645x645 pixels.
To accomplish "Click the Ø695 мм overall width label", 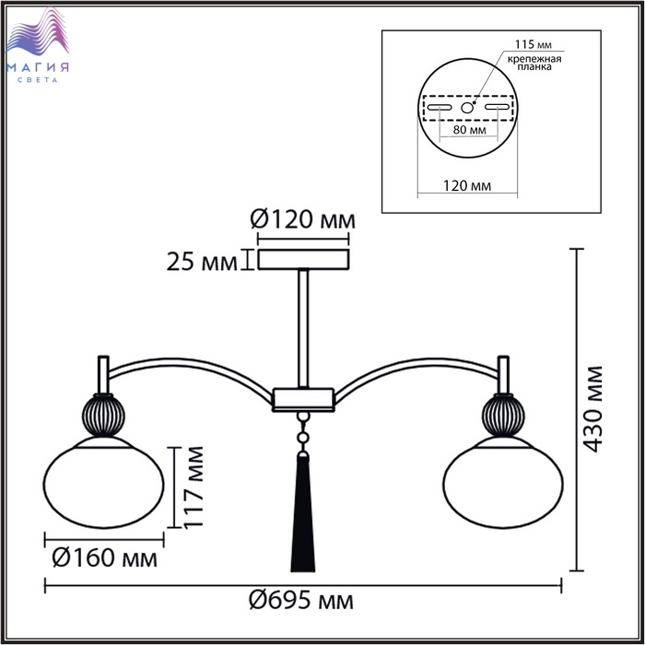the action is (301, 601).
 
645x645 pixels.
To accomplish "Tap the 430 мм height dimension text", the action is (592, 409).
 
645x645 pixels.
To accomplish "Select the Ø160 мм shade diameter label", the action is (105, 558).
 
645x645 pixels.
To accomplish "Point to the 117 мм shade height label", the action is (193, 487).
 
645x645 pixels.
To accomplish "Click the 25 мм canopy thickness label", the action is (202, 262).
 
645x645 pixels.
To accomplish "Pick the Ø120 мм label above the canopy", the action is (303, 219).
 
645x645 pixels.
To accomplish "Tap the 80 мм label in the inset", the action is (469, 130).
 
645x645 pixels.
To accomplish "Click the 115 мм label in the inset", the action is (534, 44).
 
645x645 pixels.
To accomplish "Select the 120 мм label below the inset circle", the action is (467, 185).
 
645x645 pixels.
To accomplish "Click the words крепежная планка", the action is (534, 63).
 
